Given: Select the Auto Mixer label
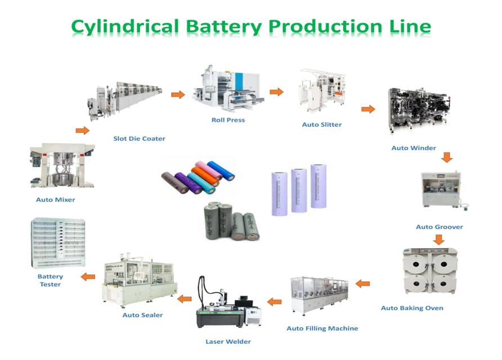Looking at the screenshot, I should pos(55,200).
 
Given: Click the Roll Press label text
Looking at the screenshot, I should pos(228,120).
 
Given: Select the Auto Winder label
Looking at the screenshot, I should pos(414,148).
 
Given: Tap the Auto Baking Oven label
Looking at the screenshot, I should pos(412,308).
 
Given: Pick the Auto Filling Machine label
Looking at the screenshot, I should pos(322,328).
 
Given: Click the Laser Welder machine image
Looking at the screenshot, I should pos(228,304).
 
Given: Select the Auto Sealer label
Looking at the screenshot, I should pos(142,315).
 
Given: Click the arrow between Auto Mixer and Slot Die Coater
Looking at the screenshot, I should pos(83,130).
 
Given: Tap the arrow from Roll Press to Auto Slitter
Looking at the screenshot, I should pos(276,92).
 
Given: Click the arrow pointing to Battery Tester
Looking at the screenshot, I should pos(88,276).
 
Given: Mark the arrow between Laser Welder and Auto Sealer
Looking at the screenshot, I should pos(185,299).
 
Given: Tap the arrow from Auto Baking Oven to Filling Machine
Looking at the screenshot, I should pos(363,283).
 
